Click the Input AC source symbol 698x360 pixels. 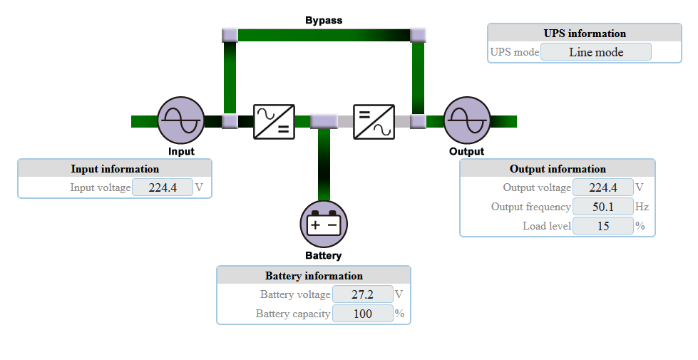(x=180, y=120)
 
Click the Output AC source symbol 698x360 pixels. (x=467, y=120)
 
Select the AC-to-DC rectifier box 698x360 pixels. (x=274, y=121)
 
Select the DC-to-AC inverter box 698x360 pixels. (x=374, y=121)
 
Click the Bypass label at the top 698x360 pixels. (x=324, y=20)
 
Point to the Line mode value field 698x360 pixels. (x=596, y=52)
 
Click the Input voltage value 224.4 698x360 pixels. (x=163, y=187)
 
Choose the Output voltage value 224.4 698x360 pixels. (x=602, y=187)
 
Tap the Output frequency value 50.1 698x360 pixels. (x=602, y=207)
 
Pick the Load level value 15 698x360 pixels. (x=602, y=226)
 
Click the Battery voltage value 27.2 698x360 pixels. (x=362, y=294)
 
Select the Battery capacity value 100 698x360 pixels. (x=362, y=314)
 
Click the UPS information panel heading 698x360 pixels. (x=585, y=34)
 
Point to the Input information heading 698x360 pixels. (x=115, y=169)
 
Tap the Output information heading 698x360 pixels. (x=558, y=169)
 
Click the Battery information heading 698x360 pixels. (x=314, y=276)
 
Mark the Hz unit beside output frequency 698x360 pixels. (x=642, y=207)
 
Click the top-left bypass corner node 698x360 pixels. (x=230, y=34)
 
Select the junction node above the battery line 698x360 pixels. (x=324, y=121)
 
